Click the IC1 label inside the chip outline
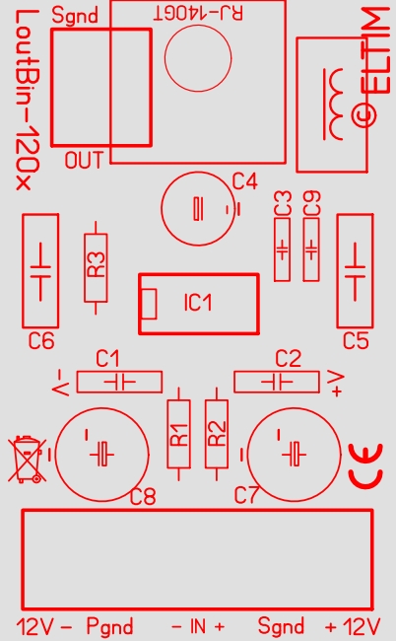point(198,303)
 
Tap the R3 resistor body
point(96,268)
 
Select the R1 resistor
point(179,434)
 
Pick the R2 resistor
point(217,434)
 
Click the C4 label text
point(245,181)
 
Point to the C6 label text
point(41,340)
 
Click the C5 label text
point(356,340)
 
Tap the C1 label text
point(107,359)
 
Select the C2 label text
point(289,359)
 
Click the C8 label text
point(143,496)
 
